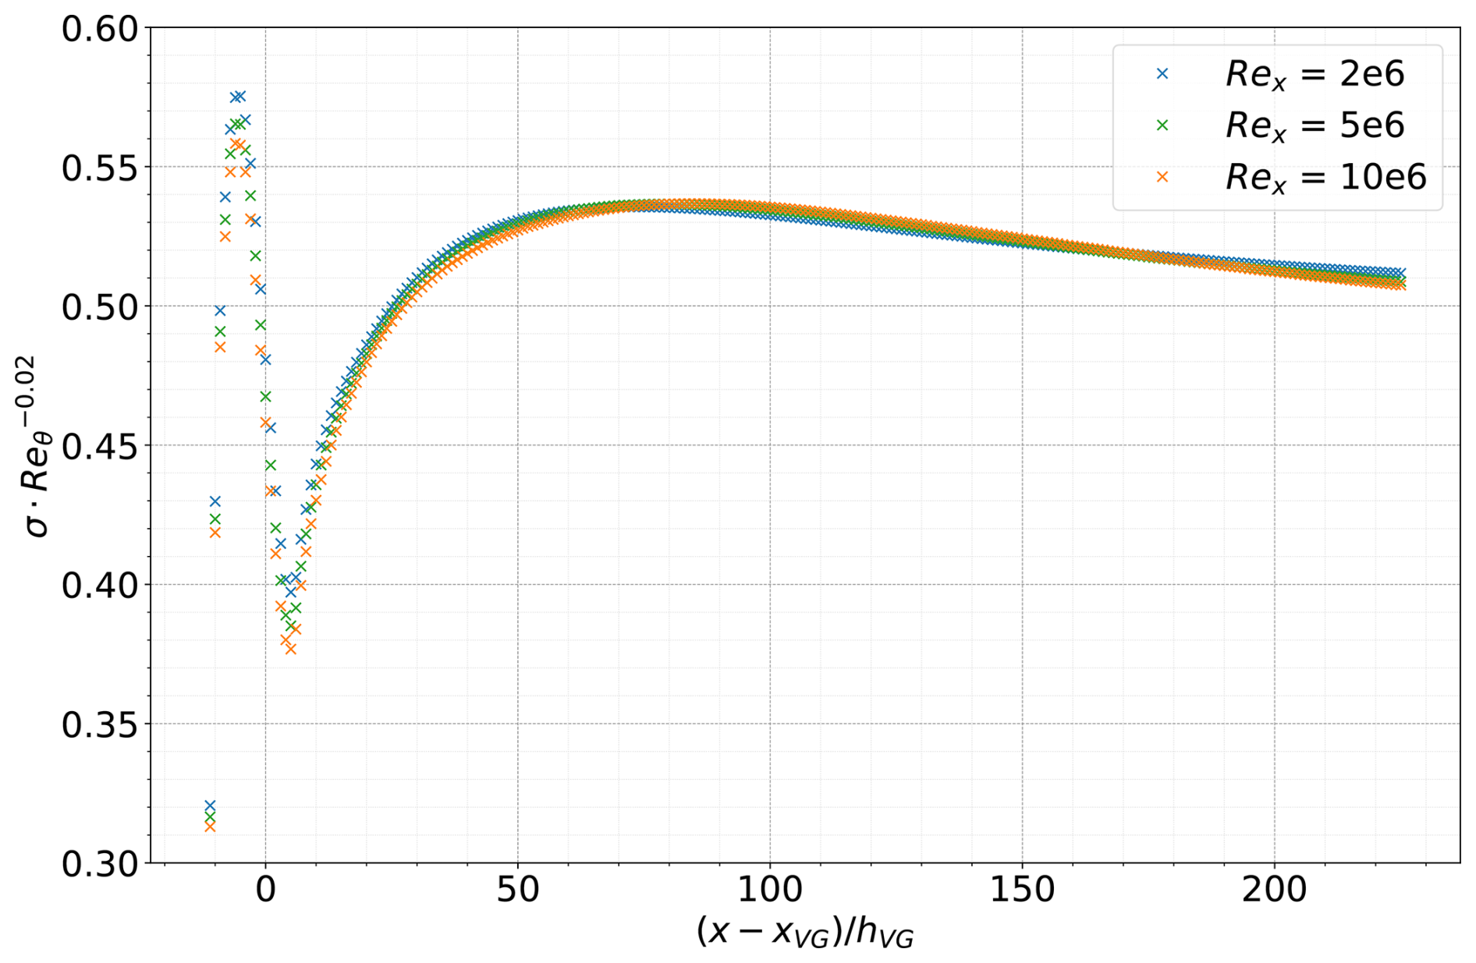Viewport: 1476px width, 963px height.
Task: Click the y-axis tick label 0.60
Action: point(99,30)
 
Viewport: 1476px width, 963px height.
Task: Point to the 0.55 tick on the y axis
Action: point(99,168)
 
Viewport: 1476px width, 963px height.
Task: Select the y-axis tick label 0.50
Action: point(99,307)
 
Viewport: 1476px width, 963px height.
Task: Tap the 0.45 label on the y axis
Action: point(99,446)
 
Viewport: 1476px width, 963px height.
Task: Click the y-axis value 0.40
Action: point(99,585)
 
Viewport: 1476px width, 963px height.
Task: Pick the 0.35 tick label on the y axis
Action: point(99,724)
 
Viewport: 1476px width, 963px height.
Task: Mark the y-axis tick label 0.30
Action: point(99,863)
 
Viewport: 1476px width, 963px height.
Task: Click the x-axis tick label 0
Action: point(265,890)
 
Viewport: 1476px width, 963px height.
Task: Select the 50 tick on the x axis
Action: point(518,890)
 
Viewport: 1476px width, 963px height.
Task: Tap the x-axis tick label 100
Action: point(770,890)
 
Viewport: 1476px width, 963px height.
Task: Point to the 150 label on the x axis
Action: point(1022,890)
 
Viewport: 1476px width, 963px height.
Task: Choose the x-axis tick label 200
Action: point(1275,890)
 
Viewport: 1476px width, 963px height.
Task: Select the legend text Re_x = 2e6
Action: point(1315,74)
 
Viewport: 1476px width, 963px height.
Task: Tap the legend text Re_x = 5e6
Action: point(1315,126)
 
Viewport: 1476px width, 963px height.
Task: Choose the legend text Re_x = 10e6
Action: point(1325,178)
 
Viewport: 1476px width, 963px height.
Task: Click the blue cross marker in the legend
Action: point(1162,73)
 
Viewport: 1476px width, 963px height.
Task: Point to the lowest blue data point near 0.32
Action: point(210,805)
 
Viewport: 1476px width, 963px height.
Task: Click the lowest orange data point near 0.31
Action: point(210,827)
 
